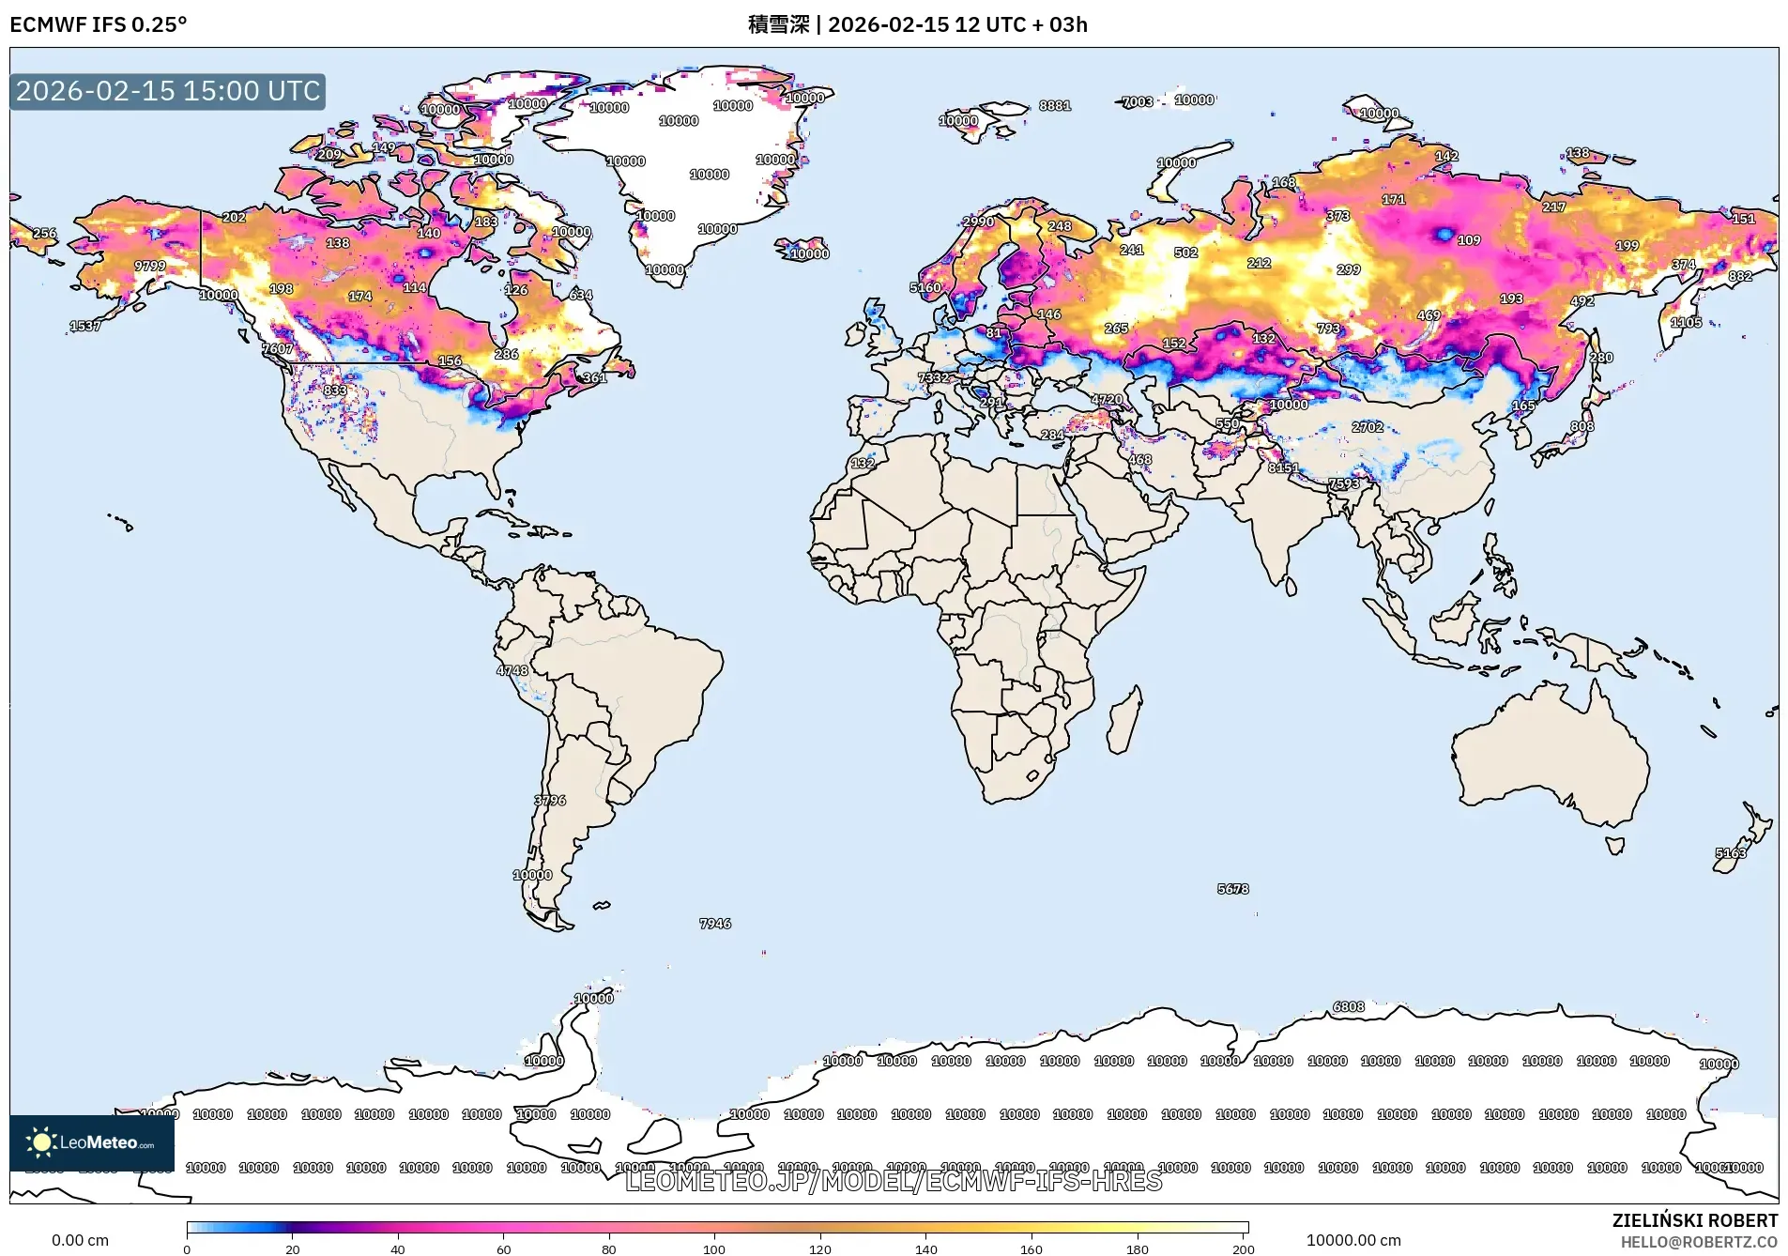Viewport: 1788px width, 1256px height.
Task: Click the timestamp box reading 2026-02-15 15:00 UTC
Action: pyautogui.click(x=167, y=91)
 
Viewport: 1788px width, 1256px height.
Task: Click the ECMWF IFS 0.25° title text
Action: pyautogui.click(x=98, y=24)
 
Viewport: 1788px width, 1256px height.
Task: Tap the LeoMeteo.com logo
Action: pyautogui.click(x=91, y=1142)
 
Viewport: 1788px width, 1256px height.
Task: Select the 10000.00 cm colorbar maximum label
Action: pyautogui.click(x=1352, y=1240)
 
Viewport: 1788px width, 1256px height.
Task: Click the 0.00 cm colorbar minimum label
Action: pyautogui.click(x=80, y=1240)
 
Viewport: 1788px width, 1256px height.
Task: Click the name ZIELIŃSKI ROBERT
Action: pyautogui.click(x=1694, y=1220)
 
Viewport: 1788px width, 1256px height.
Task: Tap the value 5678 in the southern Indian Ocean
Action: pyautogui.click(x=1232, y=888)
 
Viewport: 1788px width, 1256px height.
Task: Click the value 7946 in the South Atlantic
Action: pyautogui.click(x=714, y=923)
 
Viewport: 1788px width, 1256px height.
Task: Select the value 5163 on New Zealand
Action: pyautogui.click(x=1730, y=852)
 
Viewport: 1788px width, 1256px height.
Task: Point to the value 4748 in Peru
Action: pyautogui.click(x=512, y=669)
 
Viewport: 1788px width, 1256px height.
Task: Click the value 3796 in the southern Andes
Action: pyautogui.click(x=549, y=800)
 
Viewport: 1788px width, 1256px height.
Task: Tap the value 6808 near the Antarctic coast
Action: pyautogui.click(x=1348, y=1006)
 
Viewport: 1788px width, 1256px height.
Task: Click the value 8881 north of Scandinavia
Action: pyautogui.click(x=1054, y=105)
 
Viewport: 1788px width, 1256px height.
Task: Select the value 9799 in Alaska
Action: pyautogui.click(x=149, y=266)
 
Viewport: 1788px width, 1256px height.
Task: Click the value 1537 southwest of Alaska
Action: pyautogui.click(x=84, y=326)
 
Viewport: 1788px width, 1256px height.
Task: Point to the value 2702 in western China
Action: pyautogui.click(x=1367, y=426)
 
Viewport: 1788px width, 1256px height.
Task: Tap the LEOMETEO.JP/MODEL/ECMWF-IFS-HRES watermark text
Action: pyautogui.click(x=893, y=1181)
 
